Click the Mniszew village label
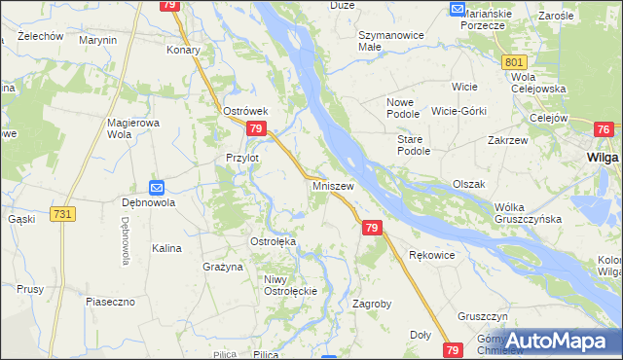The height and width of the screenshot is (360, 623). [x=333, y=184]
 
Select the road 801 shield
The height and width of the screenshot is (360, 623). [x=515, y=62]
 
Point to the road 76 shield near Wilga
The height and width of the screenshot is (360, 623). [x=604, y=129]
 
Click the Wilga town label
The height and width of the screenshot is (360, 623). [x=604, y=156]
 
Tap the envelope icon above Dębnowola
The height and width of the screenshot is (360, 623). [x=157, y=187]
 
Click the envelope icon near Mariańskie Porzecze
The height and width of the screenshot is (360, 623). [x=458, y=9]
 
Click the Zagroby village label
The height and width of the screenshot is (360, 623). [x=371, y=304]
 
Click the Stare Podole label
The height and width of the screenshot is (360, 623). [x=413, y=145]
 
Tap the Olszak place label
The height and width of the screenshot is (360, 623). [x=468, y=183]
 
